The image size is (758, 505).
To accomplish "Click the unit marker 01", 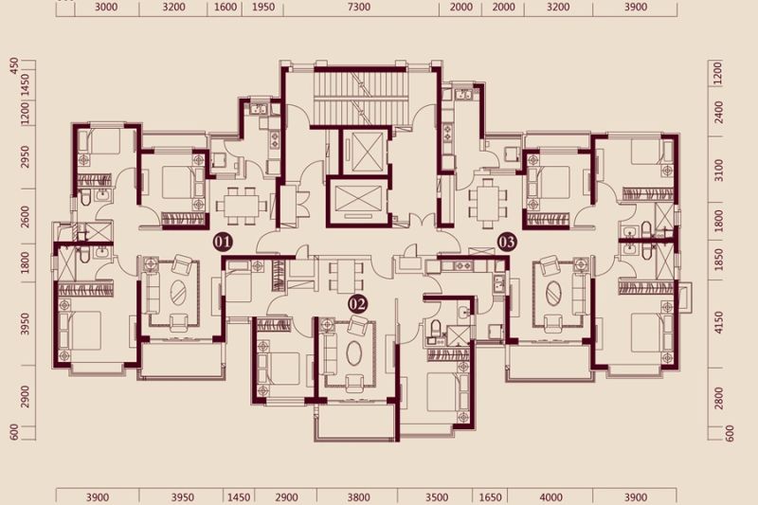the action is [223, 243].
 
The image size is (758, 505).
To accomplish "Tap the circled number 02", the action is [358, 304].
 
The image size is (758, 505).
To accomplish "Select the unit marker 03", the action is [507, 243].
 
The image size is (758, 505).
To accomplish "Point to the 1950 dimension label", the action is [263, 8].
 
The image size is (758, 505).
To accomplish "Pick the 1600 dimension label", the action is [226, 8].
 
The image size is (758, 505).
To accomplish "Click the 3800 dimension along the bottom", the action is [359, 497].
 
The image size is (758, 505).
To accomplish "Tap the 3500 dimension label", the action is [436, 497].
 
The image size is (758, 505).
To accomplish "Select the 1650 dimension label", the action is [490, 497].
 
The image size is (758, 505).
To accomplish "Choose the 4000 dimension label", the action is [550, 497].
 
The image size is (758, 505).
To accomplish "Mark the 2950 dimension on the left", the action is [25, 156].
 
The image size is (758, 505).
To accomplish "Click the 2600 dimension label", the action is [25, 217].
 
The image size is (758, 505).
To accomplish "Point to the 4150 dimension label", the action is [719, 323].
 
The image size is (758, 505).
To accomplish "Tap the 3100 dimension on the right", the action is [719, 171].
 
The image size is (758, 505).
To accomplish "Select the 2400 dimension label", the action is [719, 112].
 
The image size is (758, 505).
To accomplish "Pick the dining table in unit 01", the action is [241, 206].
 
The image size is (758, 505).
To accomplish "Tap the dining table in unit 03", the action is [488, 204].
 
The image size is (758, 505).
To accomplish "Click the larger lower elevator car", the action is [357, 201].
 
